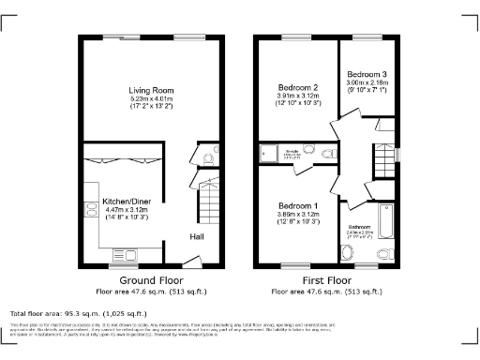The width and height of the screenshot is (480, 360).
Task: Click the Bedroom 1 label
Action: [296, 206]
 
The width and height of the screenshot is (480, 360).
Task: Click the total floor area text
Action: [78, 312]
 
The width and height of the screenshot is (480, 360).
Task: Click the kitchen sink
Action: [125, 254]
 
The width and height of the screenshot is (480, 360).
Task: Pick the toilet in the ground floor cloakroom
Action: [210, 150]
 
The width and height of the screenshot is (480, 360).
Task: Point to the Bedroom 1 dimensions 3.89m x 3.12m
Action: [296, 215]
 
